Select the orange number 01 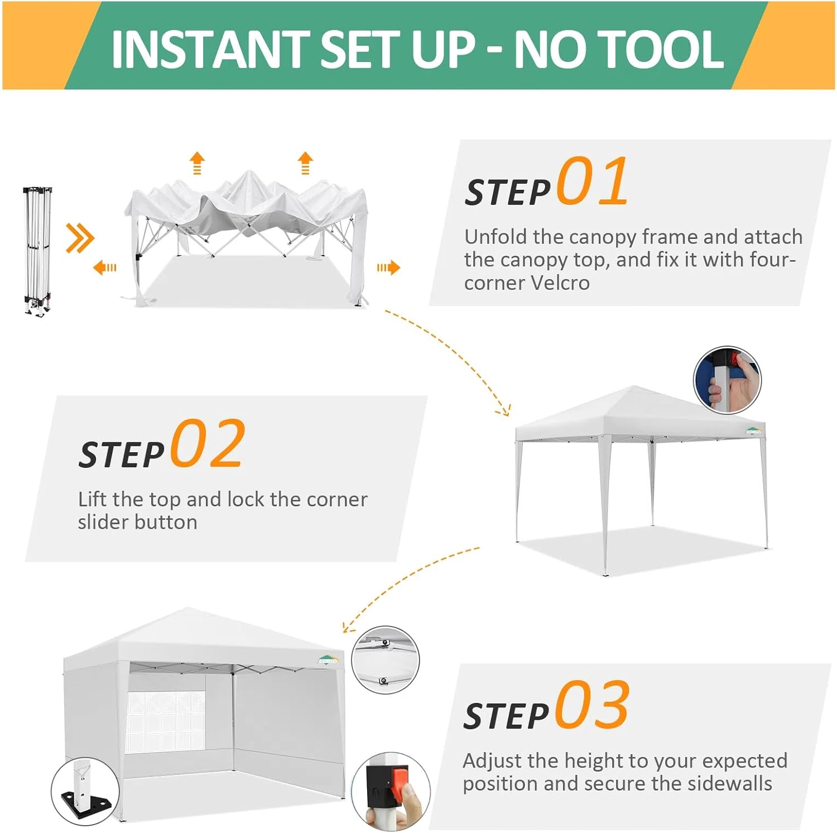click(x=593, y=181)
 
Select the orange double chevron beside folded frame click(x=80, y=238)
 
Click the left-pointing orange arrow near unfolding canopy click(x=105, y=268)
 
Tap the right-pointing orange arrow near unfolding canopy click(x=388, y=268)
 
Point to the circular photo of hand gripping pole click(x=727, y=380)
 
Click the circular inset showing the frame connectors click(x=385, y=660)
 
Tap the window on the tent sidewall click(x=167, y=720)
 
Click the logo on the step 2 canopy click(x=754, y=431)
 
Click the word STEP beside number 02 click(x=122, y=454)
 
